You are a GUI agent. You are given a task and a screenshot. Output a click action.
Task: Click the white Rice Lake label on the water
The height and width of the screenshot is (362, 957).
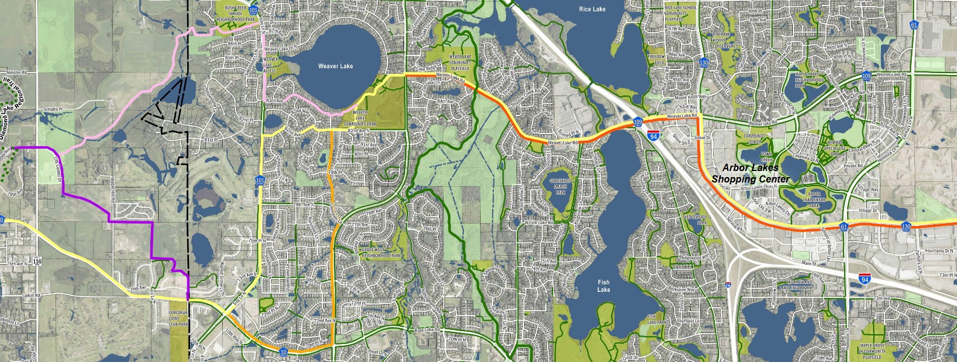592,9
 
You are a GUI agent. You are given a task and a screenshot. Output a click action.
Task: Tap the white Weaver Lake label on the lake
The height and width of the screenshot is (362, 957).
335,66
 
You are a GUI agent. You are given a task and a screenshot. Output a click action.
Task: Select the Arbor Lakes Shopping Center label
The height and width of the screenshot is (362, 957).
750,173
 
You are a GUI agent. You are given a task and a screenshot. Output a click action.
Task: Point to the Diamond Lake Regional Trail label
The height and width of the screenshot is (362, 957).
7,118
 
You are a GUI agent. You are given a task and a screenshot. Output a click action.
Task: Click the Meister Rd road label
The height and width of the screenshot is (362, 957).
16,73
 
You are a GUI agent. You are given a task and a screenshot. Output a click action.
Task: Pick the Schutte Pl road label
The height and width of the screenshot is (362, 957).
53,110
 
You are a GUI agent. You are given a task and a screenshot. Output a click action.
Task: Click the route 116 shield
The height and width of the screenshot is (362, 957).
37,261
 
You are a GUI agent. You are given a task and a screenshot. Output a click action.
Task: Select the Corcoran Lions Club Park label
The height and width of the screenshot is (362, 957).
179,318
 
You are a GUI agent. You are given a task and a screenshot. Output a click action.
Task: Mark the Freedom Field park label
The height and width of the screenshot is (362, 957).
656,59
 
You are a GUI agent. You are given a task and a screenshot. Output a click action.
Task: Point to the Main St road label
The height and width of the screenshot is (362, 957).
809,263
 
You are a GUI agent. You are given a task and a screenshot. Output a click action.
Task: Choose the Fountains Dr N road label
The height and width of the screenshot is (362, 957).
939,250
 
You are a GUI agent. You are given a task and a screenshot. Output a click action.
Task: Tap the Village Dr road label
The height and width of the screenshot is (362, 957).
868,210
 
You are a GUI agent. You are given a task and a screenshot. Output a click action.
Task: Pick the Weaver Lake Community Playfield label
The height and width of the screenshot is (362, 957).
459,62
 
